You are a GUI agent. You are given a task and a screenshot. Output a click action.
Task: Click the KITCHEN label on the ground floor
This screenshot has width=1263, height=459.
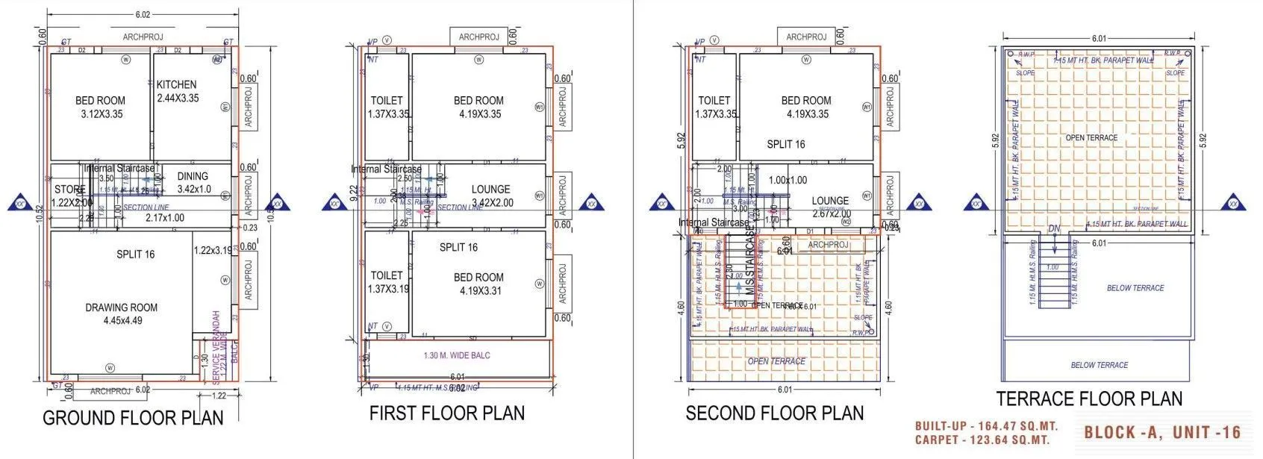177,85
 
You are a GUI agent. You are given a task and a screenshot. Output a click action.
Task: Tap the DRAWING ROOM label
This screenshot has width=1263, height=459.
122,307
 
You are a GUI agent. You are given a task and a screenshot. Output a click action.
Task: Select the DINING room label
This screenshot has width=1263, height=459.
193,177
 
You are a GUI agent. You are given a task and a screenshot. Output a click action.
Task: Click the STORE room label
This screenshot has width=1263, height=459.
69,190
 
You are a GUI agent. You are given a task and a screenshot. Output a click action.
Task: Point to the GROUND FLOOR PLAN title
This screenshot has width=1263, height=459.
133,418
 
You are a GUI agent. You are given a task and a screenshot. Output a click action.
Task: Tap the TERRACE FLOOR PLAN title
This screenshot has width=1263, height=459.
1089,399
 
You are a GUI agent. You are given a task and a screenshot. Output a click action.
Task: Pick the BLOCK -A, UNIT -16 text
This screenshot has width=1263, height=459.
1162,432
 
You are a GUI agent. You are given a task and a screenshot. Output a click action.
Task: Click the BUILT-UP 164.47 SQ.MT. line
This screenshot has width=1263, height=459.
986,427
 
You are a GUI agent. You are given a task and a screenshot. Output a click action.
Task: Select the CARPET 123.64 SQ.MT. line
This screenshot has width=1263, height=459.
982,440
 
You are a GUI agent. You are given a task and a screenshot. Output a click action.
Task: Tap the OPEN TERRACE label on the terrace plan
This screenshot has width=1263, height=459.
1091,138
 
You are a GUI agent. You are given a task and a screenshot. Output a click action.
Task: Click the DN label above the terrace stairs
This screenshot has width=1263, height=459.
1054,229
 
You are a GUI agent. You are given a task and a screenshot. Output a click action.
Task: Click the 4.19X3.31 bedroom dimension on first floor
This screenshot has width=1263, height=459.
480,291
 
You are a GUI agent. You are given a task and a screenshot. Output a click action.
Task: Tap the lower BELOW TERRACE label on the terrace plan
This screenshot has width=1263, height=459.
1099,365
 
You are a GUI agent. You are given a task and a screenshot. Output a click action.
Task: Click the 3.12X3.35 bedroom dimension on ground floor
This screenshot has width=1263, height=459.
102,114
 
